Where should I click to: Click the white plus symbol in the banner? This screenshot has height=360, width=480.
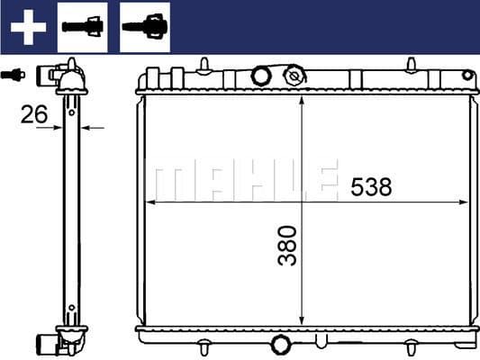(x=28, y=27)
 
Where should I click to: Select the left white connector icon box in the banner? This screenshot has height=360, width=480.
(x=82, y=26)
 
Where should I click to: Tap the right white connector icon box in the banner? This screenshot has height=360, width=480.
(x=145, y=26)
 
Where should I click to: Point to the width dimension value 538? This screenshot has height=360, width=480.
(x=371, y=187)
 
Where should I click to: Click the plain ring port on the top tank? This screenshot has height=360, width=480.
(x=261, y=75)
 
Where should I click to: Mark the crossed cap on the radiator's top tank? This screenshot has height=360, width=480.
(x=293, y=76)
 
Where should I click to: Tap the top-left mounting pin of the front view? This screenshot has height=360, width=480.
(x=205, y=64)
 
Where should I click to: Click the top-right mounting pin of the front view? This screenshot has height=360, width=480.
(x=411, y=64)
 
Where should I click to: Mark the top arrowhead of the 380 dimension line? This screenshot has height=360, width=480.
(x=303, y=97)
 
